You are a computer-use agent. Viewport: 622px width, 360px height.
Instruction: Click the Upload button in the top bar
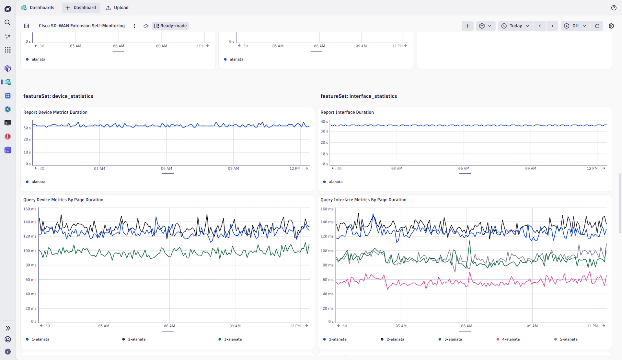[x=117, y=7]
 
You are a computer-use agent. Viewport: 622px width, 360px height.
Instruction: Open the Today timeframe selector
[x=515, y=26]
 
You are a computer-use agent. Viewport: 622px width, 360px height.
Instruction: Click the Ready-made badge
[x=170, y=26]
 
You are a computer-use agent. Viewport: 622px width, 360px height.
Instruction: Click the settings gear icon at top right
[x=611, y=26]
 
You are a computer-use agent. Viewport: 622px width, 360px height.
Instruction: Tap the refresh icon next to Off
[x=597, y=26]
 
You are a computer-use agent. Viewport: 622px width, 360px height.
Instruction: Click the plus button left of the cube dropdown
[x=467, y=26]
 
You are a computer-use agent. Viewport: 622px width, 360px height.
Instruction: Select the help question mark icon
[x=614, y=8]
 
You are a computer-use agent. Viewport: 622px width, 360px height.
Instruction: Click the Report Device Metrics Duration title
[x=55, y=112]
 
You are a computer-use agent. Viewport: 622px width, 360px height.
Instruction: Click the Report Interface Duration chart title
[x=347, y=112]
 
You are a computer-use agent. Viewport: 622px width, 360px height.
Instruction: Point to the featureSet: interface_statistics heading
[x=359, y=96]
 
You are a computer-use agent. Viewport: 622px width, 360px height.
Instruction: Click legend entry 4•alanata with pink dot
[x=511, y=339]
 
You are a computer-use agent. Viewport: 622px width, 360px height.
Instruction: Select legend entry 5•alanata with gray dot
[x=568, y=339]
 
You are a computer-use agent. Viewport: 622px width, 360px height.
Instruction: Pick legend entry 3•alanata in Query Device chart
[x=233, y=339]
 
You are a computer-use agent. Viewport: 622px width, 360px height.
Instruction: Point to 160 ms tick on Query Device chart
[x=29, y=209]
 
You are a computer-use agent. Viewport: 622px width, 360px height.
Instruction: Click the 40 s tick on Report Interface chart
[x=324, y=122]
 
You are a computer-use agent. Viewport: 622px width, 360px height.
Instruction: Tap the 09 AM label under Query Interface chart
[x=532, y=326]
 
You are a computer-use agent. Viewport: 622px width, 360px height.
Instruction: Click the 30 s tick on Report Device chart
[x=27, y=128]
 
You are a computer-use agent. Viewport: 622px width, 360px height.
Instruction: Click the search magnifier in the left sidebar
[x=8, y=22]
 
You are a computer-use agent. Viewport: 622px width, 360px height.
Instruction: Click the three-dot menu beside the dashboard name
[x=134, y=26]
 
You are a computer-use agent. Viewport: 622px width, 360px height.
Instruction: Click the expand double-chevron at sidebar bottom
[x=8, y=328]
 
